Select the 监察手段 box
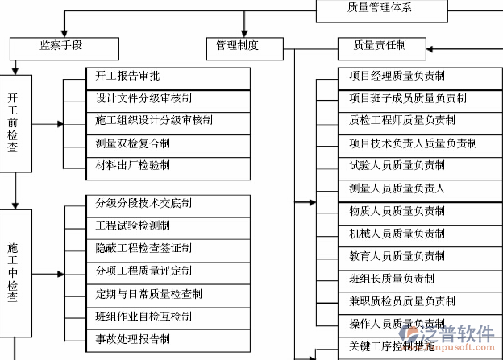point(60,46)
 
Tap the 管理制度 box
point(237,46)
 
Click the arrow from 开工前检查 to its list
point(48,125)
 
